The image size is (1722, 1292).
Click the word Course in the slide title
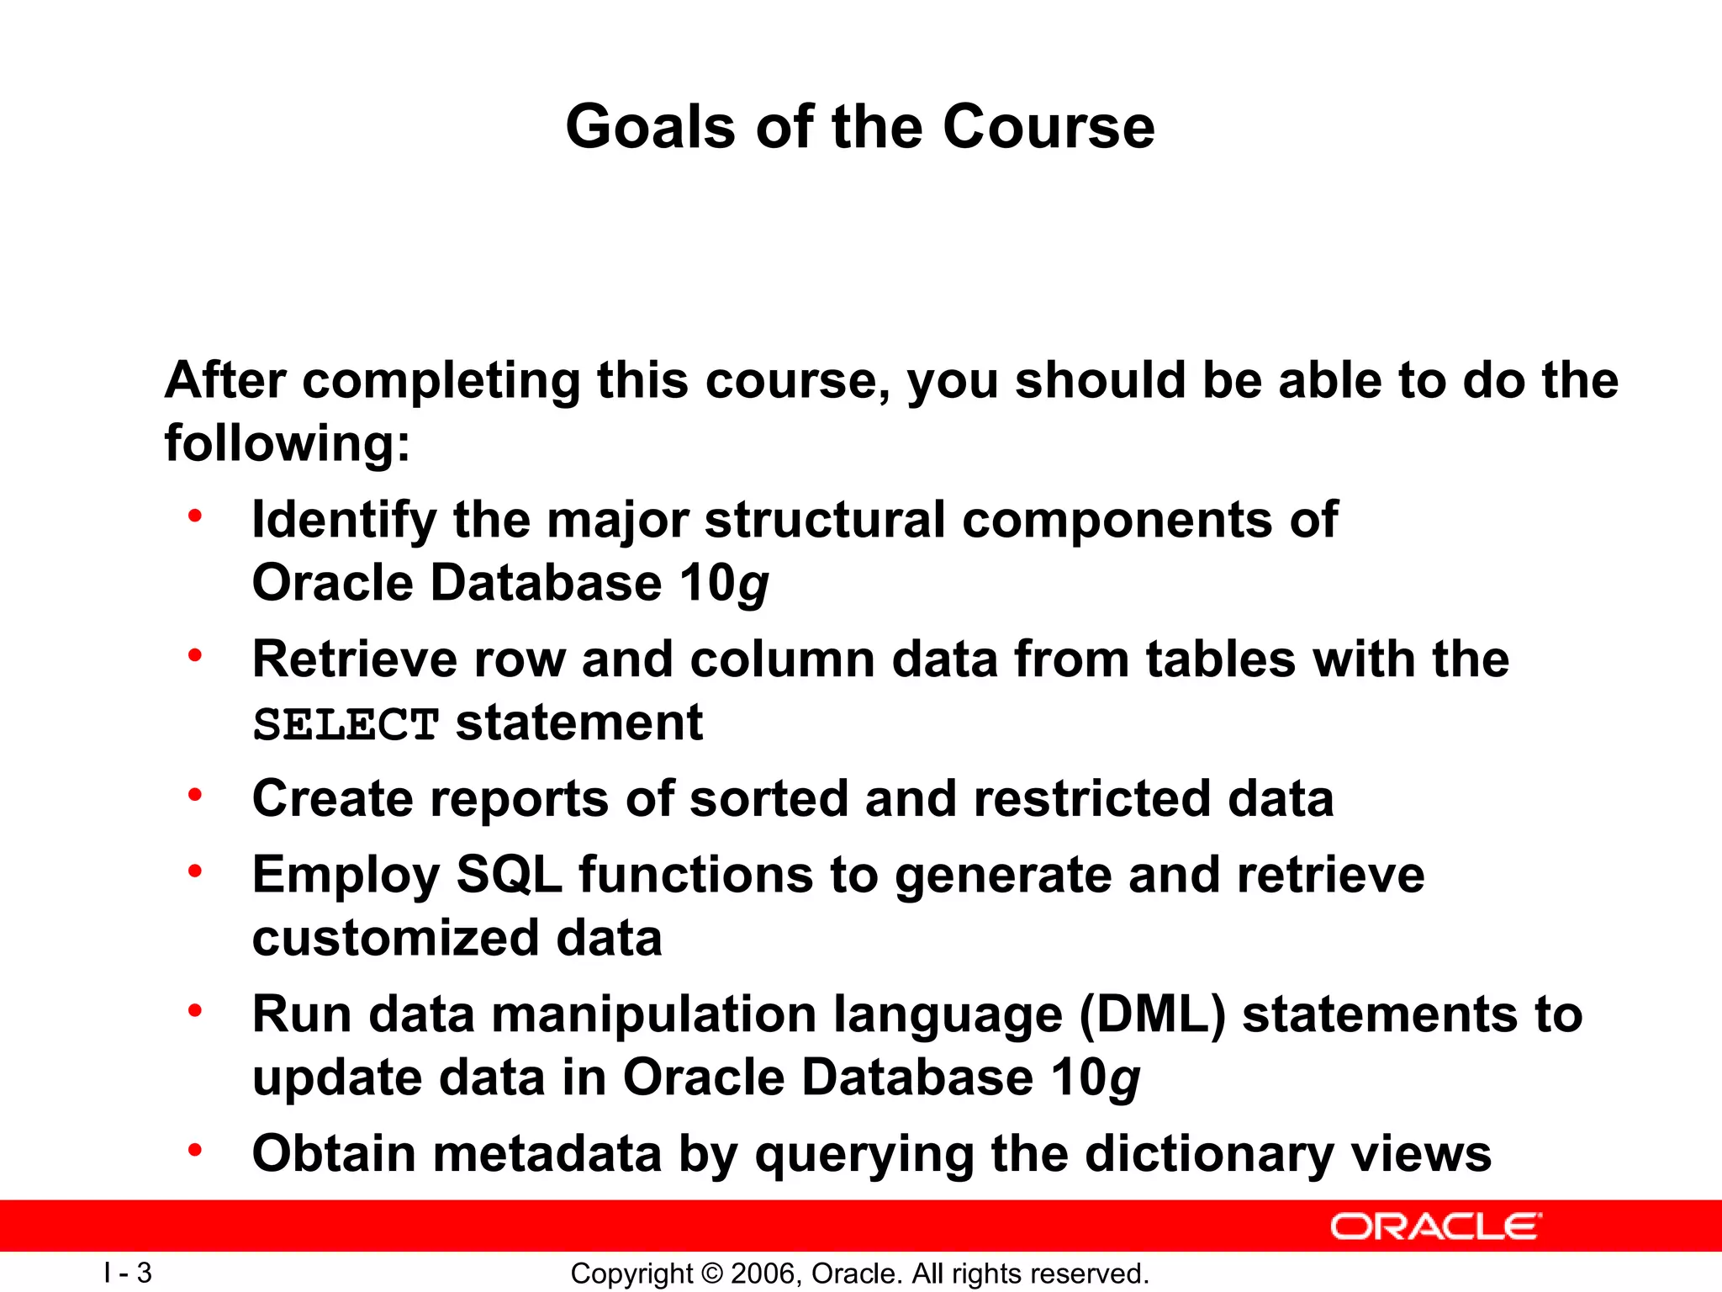(x=1049, y=127)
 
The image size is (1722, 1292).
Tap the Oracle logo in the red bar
(x=1435, y=1227)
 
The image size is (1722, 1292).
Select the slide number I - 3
(x=128, y=1273)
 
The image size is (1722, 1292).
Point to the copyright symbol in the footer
(x=711, y=1273)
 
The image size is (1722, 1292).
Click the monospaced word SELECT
(x=346, y=724)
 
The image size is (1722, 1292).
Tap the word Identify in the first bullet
(x=344, y=520)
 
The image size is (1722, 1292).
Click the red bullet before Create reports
(x=195, y=795)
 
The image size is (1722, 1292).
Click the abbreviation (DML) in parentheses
(x=1153, y=1014)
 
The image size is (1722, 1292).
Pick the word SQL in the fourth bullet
(x=509, y=875)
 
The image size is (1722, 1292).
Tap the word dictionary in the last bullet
(x=1209, y=1153)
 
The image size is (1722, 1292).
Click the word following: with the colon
(x=288, y=443)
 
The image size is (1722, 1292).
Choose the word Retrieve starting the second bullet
(x=354, y=659)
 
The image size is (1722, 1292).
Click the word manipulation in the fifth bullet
(x=653, y=1014)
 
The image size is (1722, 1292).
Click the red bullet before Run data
(x=195, y=1010)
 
